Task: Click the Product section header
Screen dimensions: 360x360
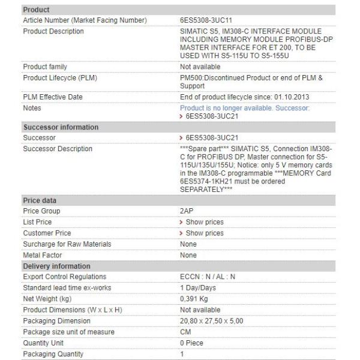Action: click(x=36, y=10)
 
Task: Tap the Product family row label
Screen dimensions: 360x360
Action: click(x=45, y=67)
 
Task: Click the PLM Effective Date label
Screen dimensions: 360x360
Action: click(x=53, y=97)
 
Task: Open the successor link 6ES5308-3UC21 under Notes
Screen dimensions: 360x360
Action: click(x=208, y=116)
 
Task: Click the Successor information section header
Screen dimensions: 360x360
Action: click(x=61, y=127)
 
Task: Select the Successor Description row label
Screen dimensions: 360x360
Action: click(x=58, y=149)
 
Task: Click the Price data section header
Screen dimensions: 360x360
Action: click(x=40, y=200)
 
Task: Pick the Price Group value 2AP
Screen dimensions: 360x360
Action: click(x=187, y=211)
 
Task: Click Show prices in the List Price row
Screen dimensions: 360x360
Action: click(x=204, y=222)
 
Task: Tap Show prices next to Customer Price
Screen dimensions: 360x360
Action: click(x=204, y=233)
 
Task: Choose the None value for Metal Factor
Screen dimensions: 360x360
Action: click(x=188, y=255)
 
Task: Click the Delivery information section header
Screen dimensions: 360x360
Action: click(x=56, y=266)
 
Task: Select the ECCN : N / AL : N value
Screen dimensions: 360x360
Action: click(x=208, y=277)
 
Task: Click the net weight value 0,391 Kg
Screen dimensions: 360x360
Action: click(x=194, y=299)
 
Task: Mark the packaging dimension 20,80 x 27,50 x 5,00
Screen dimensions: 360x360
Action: click(x=212, y=321)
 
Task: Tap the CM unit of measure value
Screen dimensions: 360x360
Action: click(x=185, y=332)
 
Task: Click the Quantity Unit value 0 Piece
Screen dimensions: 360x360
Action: click(x=192, y=343)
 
